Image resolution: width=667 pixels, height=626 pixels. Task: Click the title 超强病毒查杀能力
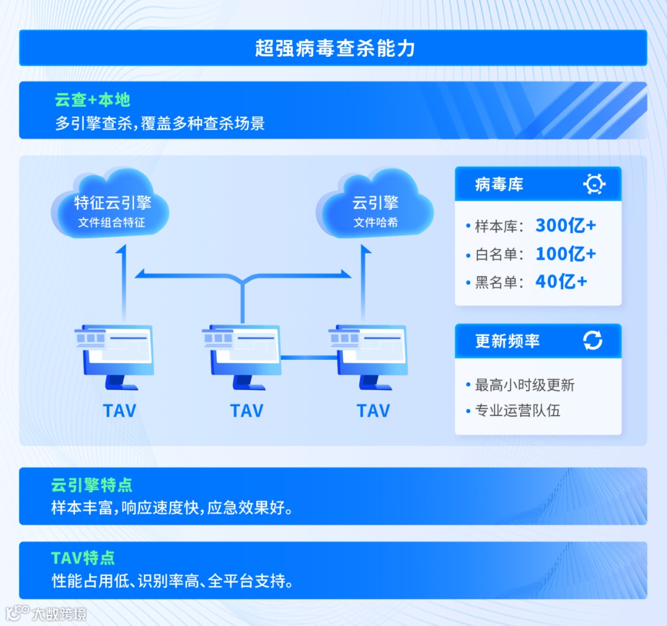point(333,48)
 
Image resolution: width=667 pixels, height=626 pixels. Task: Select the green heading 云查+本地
point(93,100)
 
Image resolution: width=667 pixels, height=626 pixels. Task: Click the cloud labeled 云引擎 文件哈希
point(375,207)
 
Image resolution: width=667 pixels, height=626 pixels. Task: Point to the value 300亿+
point(565,226)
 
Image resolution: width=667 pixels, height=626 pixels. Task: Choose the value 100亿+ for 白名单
point(565,254)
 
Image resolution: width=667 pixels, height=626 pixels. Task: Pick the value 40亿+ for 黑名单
point(561,282)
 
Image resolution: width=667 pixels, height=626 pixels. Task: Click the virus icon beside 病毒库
point(594,184)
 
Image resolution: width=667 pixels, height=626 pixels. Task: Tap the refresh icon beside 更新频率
point(593,340)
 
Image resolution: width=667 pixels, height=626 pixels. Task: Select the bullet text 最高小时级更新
point(524,385)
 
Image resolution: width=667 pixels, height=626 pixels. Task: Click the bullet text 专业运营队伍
point(517,411)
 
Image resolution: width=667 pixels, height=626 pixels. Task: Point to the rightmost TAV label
point(373,411)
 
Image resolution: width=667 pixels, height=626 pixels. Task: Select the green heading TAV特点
point(83,558)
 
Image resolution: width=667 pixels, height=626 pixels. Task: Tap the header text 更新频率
point(507,341)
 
